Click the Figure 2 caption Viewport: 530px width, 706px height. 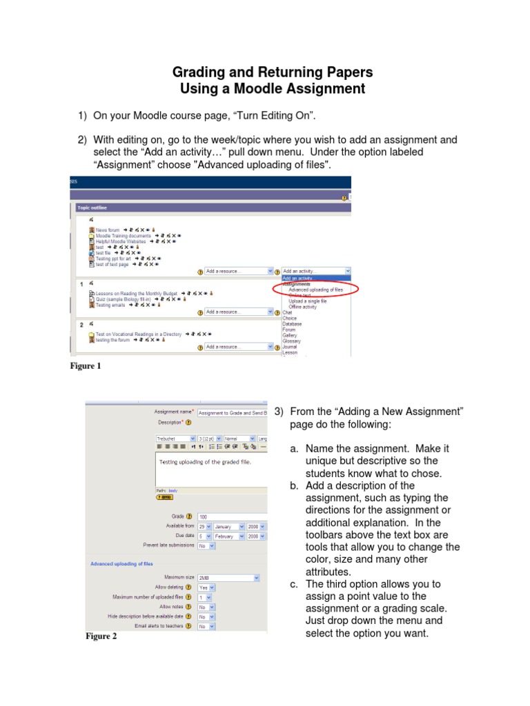coord(101,636)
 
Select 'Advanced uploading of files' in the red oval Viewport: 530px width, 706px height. coord(315,290)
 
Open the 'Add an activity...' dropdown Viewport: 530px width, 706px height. coord(315,271)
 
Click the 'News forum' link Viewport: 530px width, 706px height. coord(107,229)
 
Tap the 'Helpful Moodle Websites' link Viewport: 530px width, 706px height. coord(121,242)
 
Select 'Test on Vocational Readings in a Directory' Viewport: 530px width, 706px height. coord(138,334)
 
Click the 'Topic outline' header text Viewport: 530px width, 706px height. coord(92,207)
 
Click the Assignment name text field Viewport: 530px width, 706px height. coord(232,413)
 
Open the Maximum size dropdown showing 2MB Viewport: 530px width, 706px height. coord(228,577)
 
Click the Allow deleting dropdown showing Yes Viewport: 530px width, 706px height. coord(206,587)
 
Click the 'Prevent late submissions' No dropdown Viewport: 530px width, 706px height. coord(206,545)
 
